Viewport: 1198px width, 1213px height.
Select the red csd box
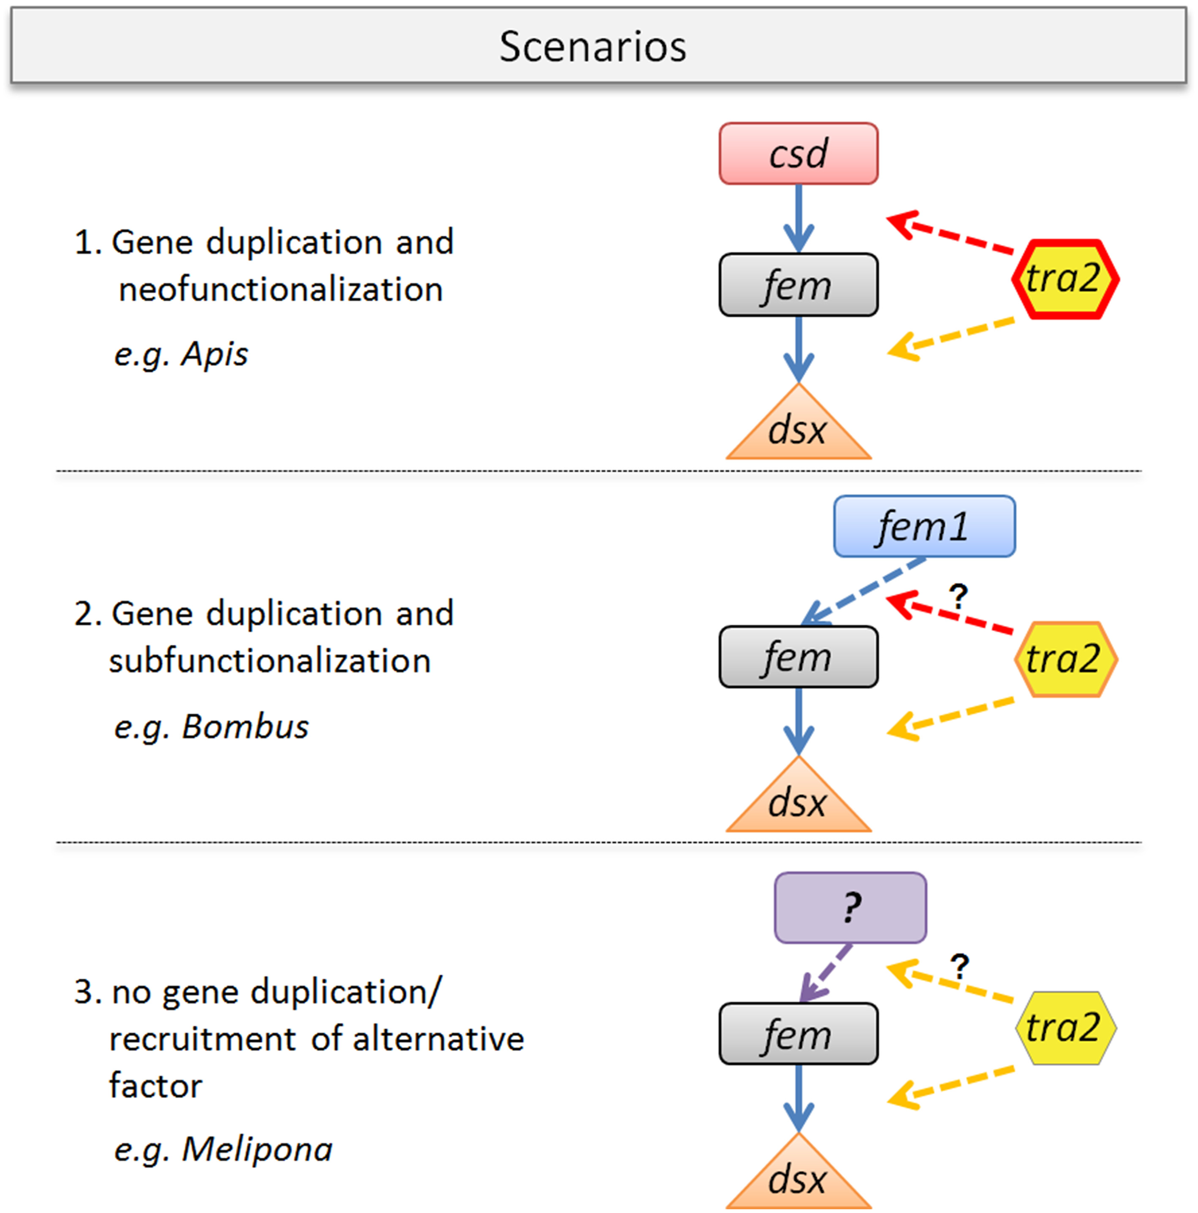point(798,154)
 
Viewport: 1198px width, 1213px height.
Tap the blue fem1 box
point(924,526)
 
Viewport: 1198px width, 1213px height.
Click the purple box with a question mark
point(850,908)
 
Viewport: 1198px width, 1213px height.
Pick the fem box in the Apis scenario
point(798,285)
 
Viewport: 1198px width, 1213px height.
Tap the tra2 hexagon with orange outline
point(1065,659)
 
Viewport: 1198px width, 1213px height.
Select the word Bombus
point(245,727)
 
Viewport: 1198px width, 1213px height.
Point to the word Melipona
point(256,1149)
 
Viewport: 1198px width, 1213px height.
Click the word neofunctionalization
point(280,290)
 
